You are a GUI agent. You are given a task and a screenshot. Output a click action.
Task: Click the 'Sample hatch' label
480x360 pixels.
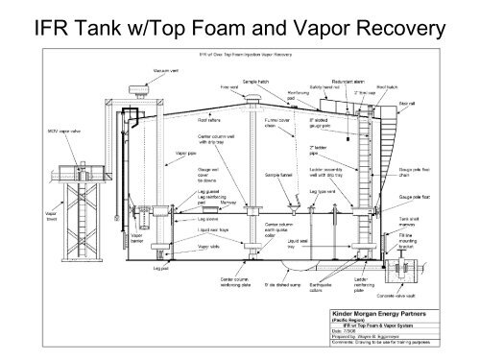(x=258, y=84)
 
